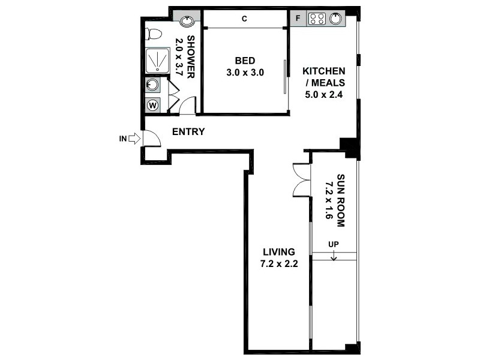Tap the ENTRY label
[x=188, y=132]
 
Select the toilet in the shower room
[x=154, y=34]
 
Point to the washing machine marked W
[x=153, y=106]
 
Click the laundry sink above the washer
[x=153, y=85]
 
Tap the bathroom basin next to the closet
[x=187, y=21]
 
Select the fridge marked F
[x=298, y=19]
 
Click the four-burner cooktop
[x=316, y=19]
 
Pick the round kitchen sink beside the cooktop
[x=336, y=19]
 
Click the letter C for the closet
[x=244, y=19]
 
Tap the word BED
[x=245, y=61]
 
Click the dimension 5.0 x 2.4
[x=323, y=93]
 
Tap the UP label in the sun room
[x=334, y=245]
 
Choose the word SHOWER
[x=191, y=58]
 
